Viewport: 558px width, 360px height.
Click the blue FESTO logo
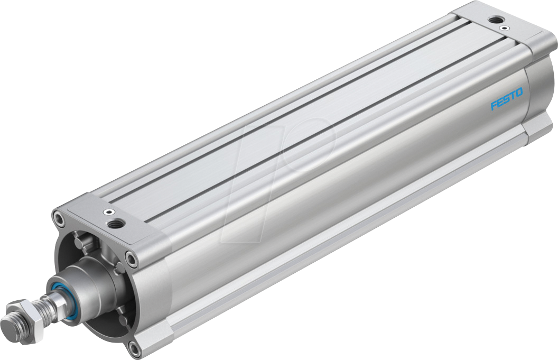coord(506,99)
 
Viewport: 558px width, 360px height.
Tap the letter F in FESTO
coord(494,105)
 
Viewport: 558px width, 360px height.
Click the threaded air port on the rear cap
coord(495,20)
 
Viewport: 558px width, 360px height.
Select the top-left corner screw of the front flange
coord(58,216)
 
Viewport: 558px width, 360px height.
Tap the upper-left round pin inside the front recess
coord(79,243)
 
